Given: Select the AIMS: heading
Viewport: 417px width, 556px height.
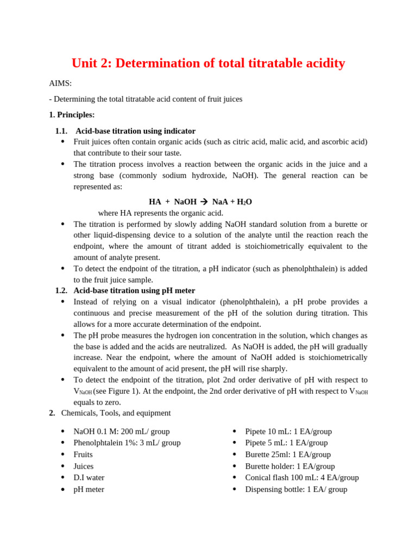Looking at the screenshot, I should pyautogui.click(x=60, y=83).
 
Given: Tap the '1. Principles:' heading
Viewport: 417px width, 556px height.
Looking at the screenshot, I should pyautogui.click(x=72, y=115).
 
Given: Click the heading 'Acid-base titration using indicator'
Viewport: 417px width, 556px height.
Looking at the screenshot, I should pyautogui.click(x=135, y=131).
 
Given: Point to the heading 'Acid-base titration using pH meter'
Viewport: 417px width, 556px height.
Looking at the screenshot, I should pyautogui.click(x=134, y=290).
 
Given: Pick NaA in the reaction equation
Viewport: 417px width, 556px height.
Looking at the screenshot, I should pyautogui.click(x=220, y=202).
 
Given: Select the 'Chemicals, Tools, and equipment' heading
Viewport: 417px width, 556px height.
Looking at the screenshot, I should pyautogui.click(x=116, y=413).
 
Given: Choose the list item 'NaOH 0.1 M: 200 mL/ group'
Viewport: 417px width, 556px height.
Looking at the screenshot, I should pyautogui.click(x=122, y=432).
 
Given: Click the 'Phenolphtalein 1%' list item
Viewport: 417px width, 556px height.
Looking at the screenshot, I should pyautogui.click(x=127, y=443).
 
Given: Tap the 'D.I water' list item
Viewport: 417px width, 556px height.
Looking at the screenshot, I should pyautogui.click(x=89, y=478).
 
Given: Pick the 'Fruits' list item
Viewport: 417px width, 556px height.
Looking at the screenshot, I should pyautogui.click(x=83, y=454).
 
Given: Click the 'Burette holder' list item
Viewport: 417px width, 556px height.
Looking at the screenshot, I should pyautogui.click(x=290, y=466).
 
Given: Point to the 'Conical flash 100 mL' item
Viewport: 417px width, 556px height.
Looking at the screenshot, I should pyautogui.click(x=302, y=478).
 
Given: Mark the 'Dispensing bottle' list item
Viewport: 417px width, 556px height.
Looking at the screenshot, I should pyautogui.click(x=296, y=489).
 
